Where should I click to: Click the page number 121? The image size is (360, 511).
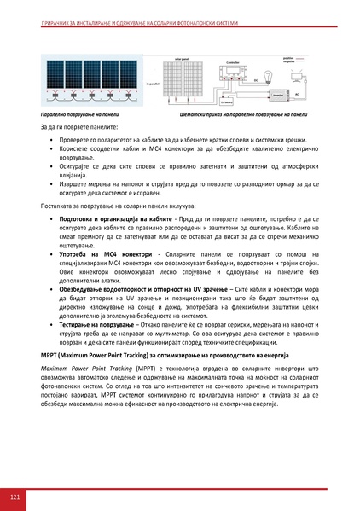[15, 496]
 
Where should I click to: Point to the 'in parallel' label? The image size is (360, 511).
[153, 83]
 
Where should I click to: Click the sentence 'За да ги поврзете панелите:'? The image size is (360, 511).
[83, 127]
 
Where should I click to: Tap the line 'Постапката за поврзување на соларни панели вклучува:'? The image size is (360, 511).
[124, 206]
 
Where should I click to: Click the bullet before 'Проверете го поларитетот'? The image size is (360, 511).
[52, 141]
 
